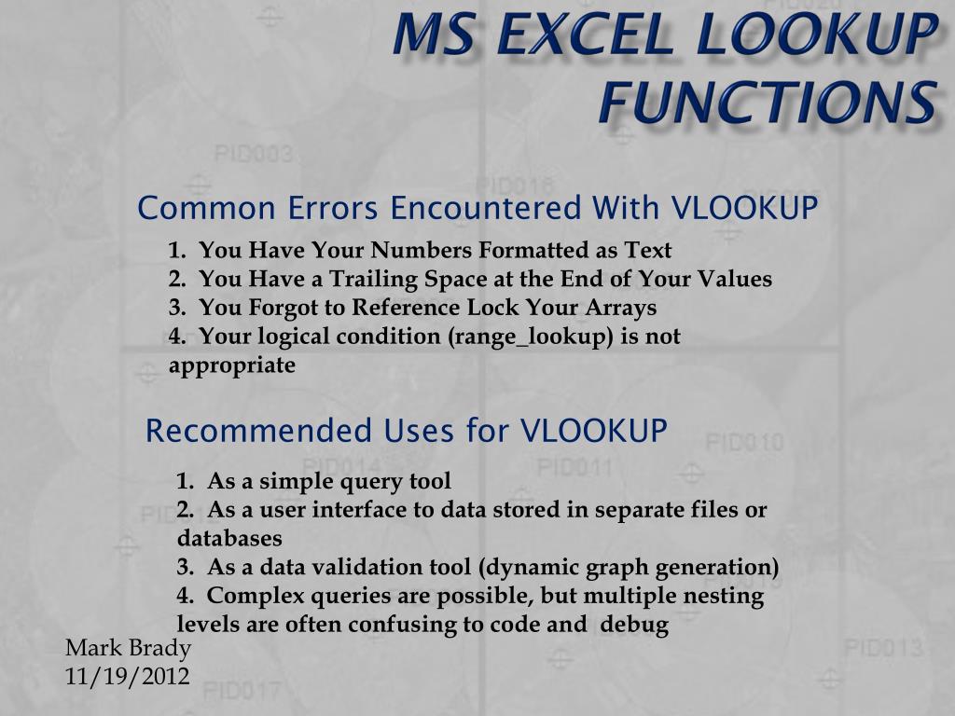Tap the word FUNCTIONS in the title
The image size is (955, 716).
(x=768, y=102)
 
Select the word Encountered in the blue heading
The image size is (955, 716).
(x=485, y=208)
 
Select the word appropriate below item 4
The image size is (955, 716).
(x=232, y=365)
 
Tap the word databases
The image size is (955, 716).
(x=229, y=539)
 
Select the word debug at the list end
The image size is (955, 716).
(x=635, y=625)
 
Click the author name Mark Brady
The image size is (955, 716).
(x=128, y=649)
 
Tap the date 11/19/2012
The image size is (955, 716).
(x=128, y=676)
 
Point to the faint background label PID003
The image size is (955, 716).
(x=254, y=154)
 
